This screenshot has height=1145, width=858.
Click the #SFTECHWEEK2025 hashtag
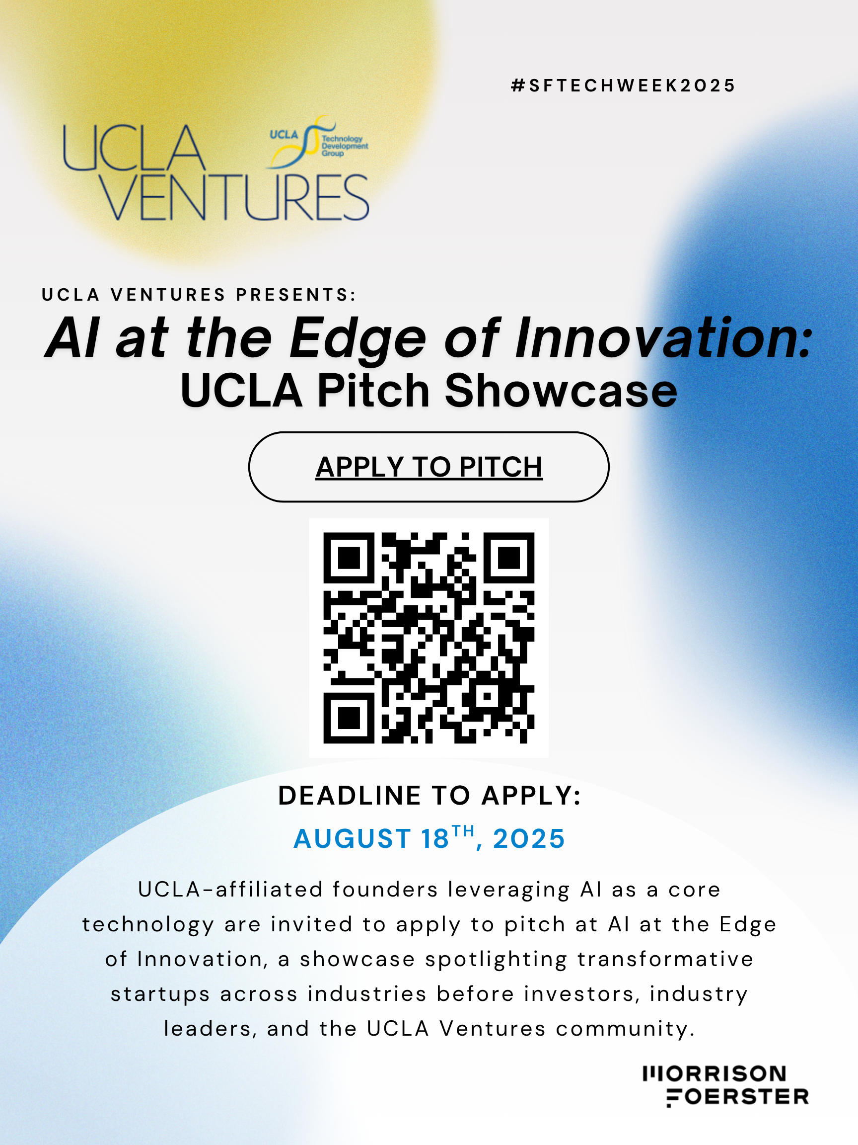[x=623, y=85]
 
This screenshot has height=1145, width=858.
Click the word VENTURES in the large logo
[x=234, y=197]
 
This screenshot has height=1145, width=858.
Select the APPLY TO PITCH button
[x=429, y=467]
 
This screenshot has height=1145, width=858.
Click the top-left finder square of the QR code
[x=349, y=558]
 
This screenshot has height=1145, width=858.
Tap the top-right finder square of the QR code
[x=509, y=558]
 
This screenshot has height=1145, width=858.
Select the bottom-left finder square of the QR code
[x=349, y=718]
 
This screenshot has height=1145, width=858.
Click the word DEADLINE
[x=349, y=796]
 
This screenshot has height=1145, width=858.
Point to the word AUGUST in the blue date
[x=352, y=838]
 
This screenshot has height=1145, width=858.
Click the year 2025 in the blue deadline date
[x=529, y=838]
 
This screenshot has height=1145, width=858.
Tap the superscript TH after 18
[x=463, y=831]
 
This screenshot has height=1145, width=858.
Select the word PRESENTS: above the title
[x=296, y=295]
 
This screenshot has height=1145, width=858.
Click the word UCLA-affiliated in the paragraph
[x=230, y=890]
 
